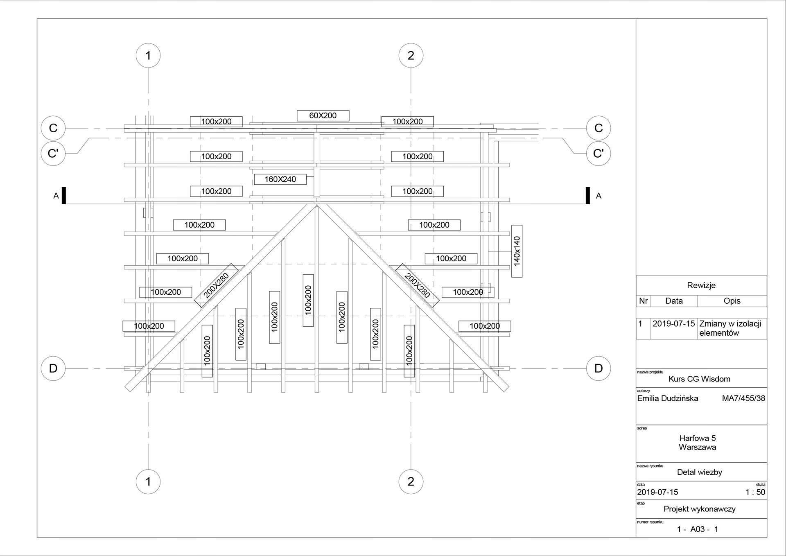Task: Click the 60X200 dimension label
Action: tap(323, 115)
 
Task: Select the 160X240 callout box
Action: tap(280, 179)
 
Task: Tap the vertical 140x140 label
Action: tap(517, 251)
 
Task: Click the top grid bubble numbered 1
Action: tap(148, 56)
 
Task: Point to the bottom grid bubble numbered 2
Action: tap(411, 481)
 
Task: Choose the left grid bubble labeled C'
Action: tap(53, 154)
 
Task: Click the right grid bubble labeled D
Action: tap(598, 368)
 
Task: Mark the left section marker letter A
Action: tap(56, 196)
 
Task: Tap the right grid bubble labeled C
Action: tap(598, 128)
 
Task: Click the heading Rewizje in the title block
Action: tap(701, 285)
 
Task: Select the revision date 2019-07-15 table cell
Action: tap(673, 324)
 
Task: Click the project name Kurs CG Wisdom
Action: tap(699, 379)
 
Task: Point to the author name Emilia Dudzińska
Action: tap(668, 398)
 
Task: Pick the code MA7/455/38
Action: tap(743, 398)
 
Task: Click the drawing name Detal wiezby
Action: tap(699, 472)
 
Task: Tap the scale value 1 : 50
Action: tap(755, 492)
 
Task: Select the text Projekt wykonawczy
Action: tap(699, 509)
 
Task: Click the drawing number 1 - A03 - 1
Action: tap(698, 529)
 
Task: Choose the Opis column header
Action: tap(732, 301)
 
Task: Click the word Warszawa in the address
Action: tap(697, 447)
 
